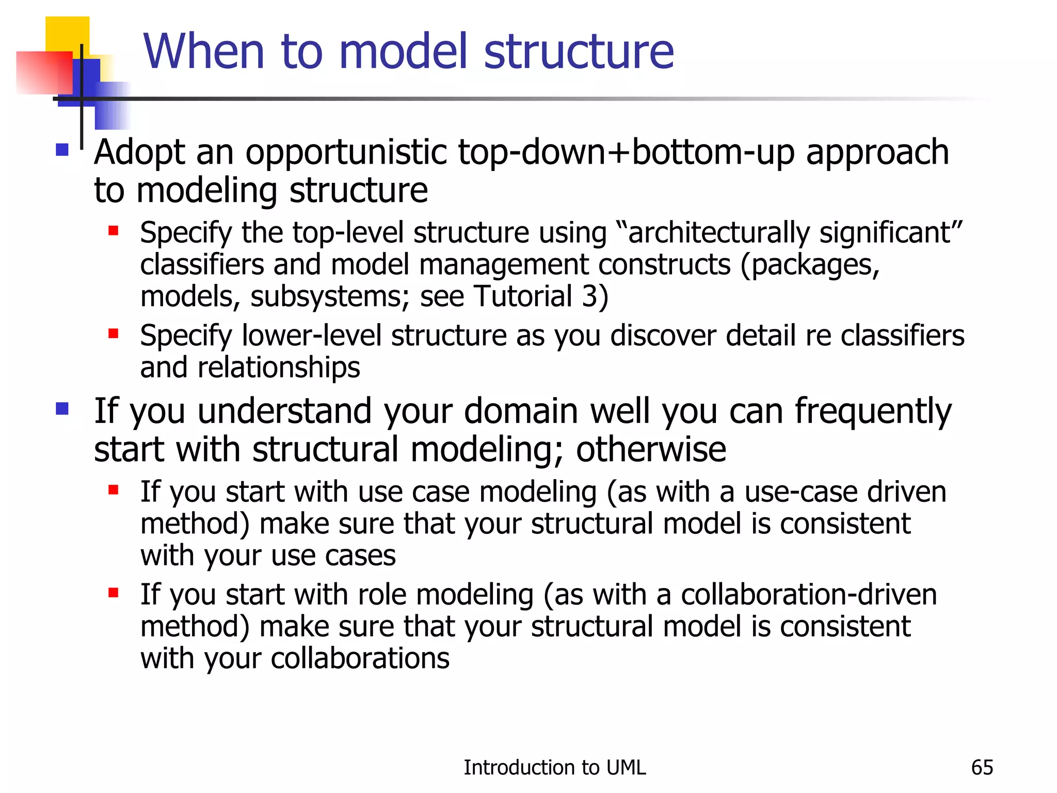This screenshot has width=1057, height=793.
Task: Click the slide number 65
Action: click(x=982, y=767)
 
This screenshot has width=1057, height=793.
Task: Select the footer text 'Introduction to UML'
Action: click(x=554, y=767)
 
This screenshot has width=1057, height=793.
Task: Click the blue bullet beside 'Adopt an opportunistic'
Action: click(x=62, y=150)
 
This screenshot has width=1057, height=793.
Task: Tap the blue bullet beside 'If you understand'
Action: click(x=62, y=409)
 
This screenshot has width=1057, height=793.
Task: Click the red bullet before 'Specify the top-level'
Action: click(x=114, y=230)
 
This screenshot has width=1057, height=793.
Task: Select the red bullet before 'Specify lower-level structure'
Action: click(x=114, y=334)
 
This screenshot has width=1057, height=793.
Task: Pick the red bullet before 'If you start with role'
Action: click(x=114, y=593)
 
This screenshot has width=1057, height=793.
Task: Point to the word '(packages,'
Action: click(x=810, y=265)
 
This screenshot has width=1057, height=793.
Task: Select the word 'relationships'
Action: click(x=279, y=367)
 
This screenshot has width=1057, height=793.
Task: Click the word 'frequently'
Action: click(x=873, y=412)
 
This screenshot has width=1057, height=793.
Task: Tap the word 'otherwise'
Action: click(x=651, y=449)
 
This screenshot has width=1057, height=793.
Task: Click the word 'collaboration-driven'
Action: click(x=808, y=594)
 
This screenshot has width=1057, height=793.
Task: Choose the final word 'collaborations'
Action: click(x=360, y=658)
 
